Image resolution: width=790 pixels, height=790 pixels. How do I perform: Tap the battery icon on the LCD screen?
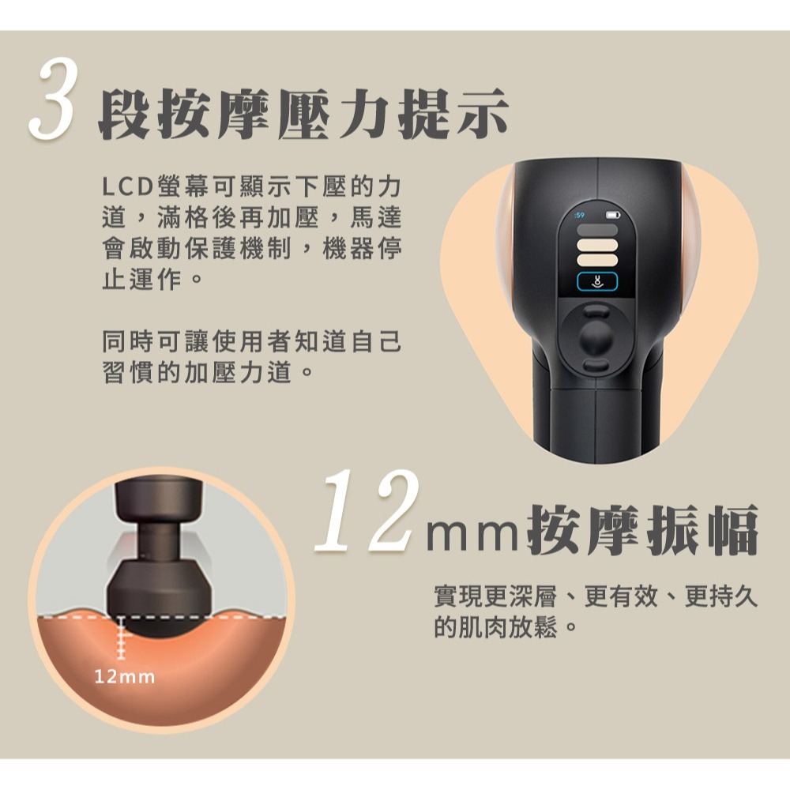(x=612, y=215)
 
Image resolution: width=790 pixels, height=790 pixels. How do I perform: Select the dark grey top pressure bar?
(x=596, y=230)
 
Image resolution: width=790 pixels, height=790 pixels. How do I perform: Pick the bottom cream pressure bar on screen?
(x=596, y=261)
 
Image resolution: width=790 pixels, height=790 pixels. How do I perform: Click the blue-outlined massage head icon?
(x=596, y=280)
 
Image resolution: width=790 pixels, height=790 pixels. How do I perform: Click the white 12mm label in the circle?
(x=125, y=677)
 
